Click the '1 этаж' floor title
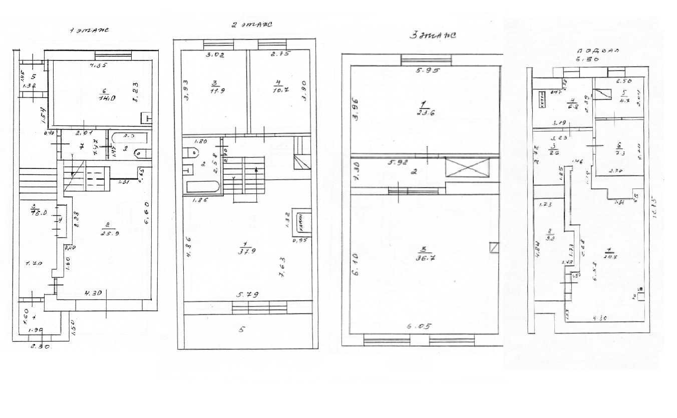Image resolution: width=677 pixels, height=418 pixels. pos(90,30)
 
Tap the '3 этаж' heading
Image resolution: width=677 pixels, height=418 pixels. pos(432,35)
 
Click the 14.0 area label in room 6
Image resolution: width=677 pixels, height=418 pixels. pos(104,98)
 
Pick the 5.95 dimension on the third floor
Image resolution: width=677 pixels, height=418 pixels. pos(427,71)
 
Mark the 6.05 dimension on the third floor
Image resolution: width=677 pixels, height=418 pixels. pos(418,326)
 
